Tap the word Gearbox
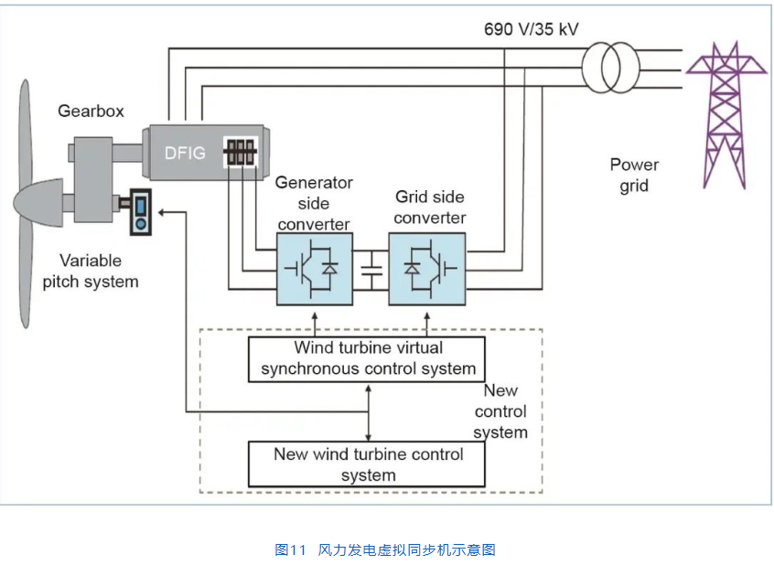[91, 112]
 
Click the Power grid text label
[634, 175]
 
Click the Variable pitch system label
[91, 271]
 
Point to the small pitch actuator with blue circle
[140, 213]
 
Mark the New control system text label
[500, 411]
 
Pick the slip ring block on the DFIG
[242, 153]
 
